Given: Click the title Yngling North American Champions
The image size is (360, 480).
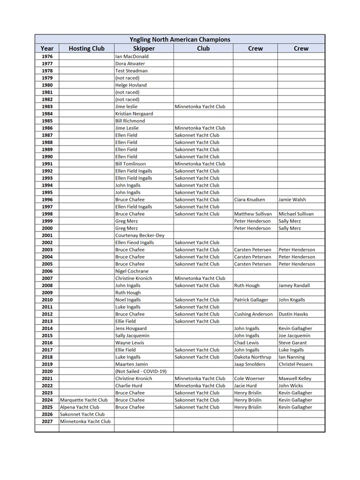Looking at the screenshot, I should [179, 39].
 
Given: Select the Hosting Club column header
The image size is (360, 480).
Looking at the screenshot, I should [86, 48].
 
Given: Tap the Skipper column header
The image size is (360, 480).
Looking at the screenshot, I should [144, 48].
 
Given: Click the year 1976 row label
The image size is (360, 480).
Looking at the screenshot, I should [47, 56].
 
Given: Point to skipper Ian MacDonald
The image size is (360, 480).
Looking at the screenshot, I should [132, 56].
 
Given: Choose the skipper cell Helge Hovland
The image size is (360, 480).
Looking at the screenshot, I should [131, 85].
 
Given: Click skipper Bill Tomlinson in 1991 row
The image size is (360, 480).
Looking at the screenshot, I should [130, 163].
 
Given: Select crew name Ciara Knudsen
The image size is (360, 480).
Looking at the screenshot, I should [249, 199].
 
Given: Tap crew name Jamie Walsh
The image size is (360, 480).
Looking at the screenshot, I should [292, 199].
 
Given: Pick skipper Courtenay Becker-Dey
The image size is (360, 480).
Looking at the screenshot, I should [139, 235].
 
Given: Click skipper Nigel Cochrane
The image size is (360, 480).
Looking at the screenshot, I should [131, 271].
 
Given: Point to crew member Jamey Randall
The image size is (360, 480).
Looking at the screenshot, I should [294, 285].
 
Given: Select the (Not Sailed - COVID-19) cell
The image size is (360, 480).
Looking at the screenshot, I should [140, 371].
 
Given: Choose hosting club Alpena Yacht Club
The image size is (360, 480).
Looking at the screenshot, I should [79, 407].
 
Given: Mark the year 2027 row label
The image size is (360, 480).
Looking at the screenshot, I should [47, 421].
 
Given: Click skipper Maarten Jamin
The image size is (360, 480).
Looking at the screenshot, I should [131, 364].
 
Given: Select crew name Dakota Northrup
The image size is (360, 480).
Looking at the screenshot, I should [252, 357].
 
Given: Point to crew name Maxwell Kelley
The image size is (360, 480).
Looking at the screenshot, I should [295, 378].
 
